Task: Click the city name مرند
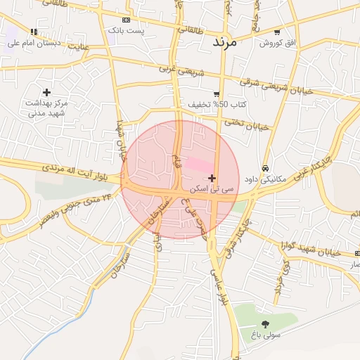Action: pyautogui.click(x=226, y=42)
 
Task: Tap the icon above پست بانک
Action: pyautogui.click(x=126, y=20)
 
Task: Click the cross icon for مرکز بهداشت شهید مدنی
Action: pyautogui.click(x=46, y=92)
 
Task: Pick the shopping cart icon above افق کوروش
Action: pyautogui.click(x=277, y=32)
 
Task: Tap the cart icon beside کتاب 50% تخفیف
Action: pyautogui.click(x=217, y=94)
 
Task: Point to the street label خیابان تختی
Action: pyautogui.click(x=247, y=125)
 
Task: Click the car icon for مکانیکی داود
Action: pyautogui.click(x=265, y=169)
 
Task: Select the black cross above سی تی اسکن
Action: pyautogui.click(x=212, y=179)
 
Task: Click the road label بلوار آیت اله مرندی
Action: pyautogui.click(x=66, y=169)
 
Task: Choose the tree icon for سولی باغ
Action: pyautogui.click(x=265, y=323)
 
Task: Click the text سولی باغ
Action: pyautogui.click(x=266, y=335)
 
